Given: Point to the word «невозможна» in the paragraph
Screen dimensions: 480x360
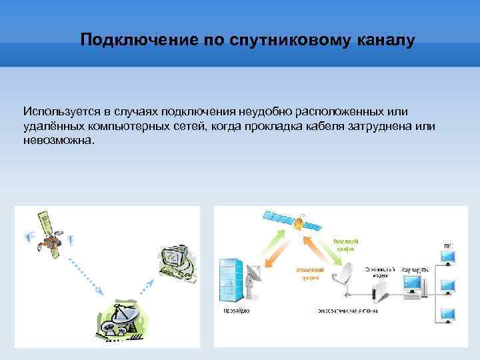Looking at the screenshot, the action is click(58, 141).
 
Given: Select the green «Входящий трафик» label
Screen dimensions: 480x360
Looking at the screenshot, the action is click(345, 243).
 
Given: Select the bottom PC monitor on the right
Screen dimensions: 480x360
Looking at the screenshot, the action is click(446, 314).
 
